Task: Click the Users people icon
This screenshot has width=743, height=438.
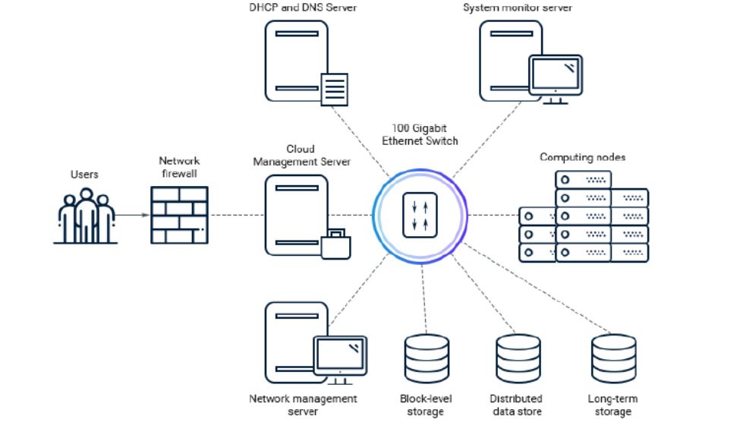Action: pos(85,216)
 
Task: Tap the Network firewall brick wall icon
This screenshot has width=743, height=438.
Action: pos(180,216)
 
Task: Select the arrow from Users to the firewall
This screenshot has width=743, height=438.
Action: pos(132,216)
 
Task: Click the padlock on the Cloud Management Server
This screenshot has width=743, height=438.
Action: pos(336,244)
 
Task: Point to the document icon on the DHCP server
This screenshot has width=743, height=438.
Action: pos(335,89)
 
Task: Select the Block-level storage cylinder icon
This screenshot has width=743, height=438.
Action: pos(427,358)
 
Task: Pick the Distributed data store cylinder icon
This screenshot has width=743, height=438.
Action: pos(518,358)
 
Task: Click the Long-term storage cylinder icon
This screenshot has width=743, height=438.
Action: pos(614,358)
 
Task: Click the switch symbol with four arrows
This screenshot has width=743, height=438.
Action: pos(420,216)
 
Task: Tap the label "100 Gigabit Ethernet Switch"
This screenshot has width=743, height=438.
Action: pos(420,134)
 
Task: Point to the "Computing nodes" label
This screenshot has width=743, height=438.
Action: pos(582,157)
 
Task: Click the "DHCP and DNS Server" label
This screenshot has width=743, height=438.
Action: pos(303,8)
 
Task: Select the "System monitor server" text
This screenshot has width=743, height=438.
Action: pos(518,8)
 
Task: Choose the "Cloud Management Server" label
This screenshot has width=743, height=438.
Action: pos(302,156)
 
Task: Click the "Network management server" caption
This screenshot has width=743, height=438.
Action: pos(304,405)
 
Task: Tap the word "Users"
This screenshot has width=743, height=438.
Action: pos(84,175)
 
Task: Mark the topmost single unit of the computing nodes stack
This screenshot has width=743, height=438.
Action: pos(584,180)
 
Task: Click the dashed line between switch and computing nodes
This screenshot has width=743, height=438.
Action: pos(493,216)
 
